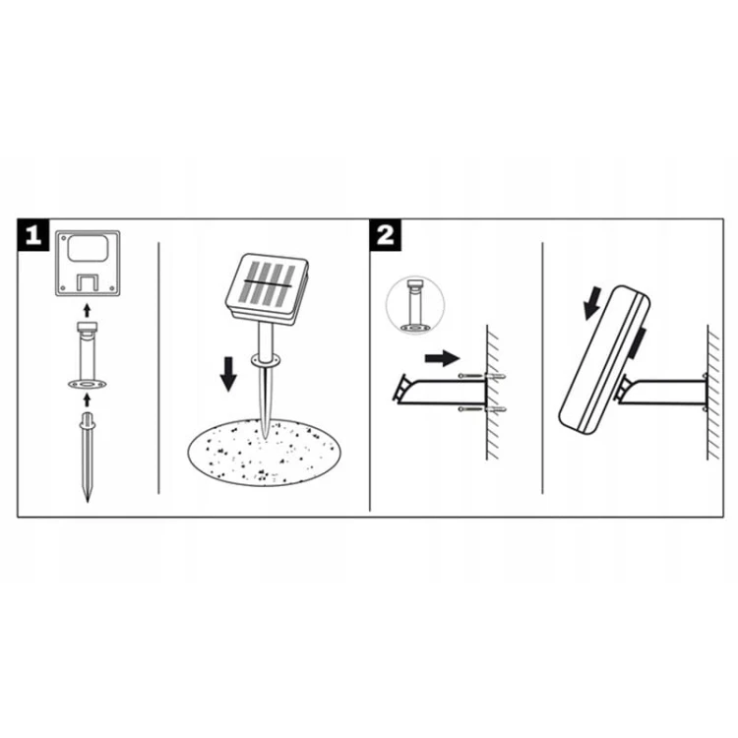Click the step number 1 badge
tap(32, 234)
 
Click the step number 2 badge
tap(386, 234)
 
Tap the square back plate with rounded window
tap(88, 263)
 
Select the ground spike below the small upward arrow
tap(87, 457)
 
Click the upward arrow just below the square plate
tap(87, 310)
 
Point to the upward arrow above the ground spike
tap(87, 400)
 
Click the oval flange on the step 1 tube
tap(87, 385)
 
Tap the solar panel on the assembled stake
tap(267, 287)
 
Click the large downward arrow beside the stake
tap(228, 374)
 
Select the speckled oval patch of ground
tap(264, 453)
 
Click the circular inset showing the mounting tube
tap(415, 306)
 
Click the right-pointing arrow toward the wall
tap(442, 358)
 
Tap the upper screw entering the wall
tap(482, 376)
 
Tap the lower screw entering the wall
tap(482, 409)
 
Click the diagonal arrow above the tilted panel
tap(592, 303)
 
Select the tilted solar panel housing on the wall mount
tap(605, 359)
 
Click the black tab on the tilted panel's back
tap(638, 342)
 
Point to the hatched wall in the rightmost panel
tap(713, 392)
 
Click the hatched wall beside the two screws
tap(493, 392)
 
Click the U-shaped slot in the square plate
tap(88, 281)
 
